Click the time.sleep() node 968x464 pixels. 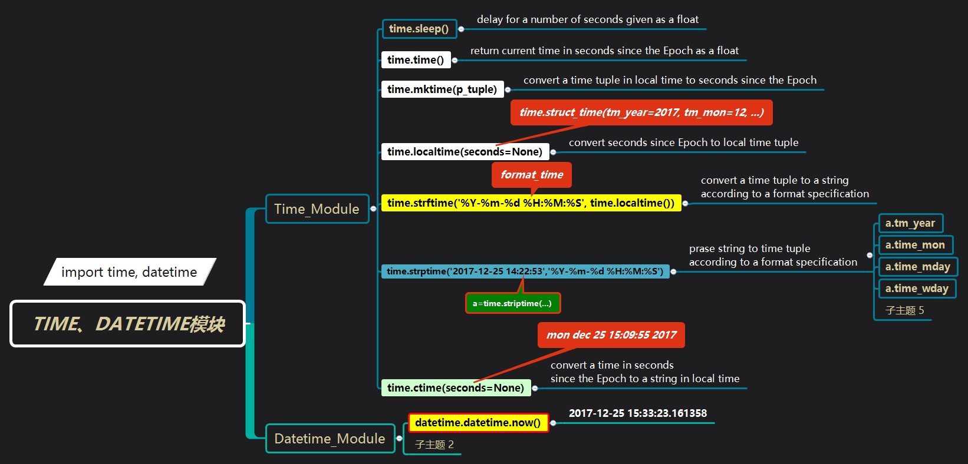pos(419,29)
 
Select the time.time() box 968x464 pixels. pos(416,60)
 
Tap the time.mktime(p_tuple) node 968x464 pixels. pos(442,90)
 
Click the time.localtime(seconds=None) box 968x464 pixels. pos(465,152)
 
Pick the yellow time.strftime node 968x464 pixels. pos(531,203)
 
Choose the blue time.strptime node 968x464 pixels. pos(525,271)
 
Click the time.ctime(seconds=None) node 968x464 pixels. pos(456,388)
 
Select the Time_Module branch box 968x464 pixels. pos(317,209)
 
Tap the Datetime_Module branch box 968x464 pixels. pos(330,439)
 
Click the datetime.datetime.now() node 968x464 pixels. pos(478,423)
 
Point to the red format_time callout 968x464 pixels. pos(532,174)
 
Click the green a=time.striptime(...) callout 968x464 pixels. pos(512,303)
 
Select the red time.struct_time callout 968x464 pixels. pos(641,112)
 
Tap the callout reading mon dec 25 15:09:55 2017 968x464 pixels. pos(611,335)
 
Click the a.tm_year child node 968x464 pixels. pos(910,223)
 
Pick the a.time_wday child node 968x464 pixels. pos(917,289)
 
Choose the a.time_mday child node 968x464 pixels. pos(917,267)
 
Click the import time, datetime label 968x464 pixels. pos(129,272)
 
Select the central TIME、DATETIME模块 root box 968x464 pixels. pos(128,324)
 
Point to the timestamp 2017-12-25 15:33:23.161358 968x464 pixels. pos(638,413)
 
